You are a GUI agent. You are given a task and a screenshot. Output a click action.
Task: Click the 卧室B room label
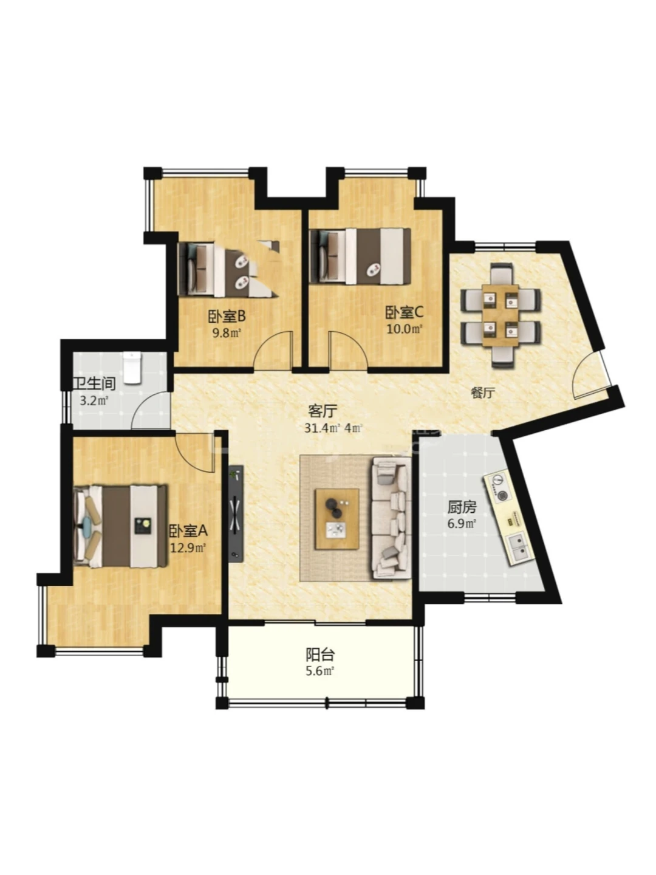tap(226, 316)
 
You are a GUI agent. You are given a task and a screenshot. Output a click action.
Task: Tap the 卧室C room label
tap(403, 312)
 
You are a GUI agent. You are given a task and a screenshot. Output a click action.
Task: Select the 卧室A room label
tap(188, 530)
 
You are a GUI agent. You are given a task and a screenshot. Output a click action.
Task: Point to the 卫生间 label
tap(94, 383)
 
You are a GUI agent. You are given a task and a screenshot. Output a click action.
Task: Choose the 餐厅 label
tap(483, 393)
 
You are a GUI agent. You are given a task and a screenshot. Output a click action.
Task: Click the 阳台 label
tap(320, 654)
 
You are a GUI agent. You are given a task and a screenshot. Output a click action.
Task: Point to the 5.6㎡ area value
tap(320, 671)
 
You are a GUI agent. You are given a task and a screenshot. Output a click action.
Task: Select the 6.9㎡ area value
tap(462, 524)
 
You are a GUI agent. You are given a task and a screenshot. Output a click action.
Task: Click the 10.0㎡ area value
tap(404, 329)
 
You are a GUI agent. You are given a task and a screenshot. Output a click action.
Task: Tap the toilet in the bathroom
tap(132, 368)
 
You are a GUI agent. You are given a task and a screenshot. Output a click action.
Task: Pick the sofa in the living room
tap(392, 518)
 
